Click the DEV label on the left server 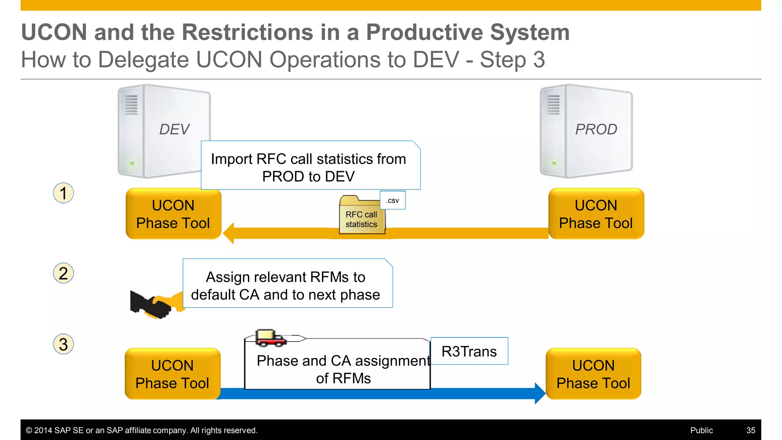pos(174,129)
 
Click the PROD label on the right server pos(596,129)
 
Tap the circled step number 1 pos(63,193)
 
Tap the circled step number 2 pos(63,273)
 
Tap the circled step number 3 pos(63,345)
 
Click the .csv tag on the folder pos(393,201)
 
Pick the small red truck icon pos(270,338)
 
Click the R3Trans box pos(469,351)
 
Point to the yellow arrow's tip pos(226,233)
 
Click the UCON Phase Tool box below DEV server pos(173,214)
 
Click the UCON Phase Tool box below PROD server pos(596,214)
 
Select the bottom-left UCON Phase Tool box pos(173,374)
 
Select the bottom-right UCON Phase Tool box pos(593,374)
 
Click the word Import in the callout pos(232,159)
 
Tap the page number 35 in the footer pos(751,430)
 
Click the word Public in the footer pos(701,430)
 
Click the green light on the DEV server pos(132,163)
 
